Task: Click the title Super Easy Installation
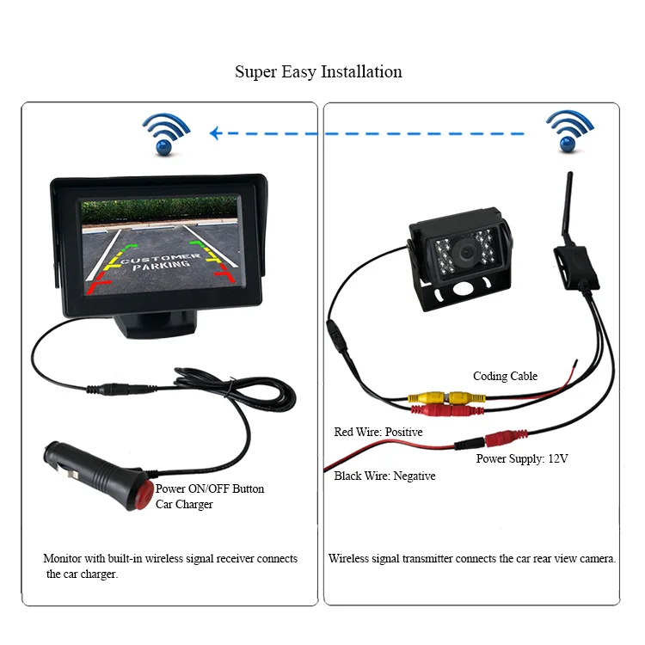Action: coord(318,71)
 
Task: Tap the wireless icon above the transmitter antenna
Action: coord(569,132)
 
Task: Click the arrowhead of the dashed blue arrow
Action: coord(216,133)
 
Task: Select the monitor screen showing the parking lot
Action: coord(158,246)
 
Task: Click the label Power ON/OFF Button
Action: coord(210,488)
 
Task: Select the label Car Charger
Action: coord(184,504)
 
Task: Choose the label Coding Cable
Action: coord(505,376)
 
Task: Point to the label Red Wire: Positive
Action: coord(378,432)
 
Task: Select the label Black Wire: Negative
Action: coord(384,476)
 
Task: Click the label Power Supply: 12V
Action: coord(522,458)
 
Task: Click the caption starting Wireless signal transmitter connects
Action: coord(472,558)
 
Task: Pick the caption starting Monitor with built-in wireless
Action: coord(169,566)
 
